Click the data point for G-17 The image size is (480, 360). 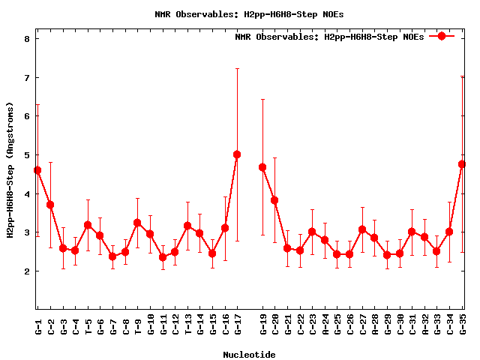coord(237,154)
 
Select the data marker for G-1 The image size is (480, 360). coord(37,170)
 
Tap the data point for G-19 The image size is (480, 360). coord(262,167)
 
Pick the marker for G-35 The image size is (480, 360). coord(462,164)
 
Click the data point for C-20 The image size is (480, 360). coord(274,200)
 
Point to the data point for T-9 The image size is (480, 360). coord(137,223)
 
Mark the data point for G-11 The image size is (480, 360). coord(163,257)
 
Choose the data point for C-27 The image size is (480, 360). coord(362,229)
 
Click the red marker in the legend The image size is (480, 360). coord(442,36)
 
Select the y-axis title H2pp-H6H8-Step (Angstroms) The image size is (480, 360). coord(11,170)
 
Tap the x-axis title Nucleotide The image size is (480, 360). coord(249,354)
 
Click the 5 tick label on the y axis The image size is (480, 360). coord(26,155)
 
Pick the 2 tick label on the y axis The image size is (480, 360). coord(26,271)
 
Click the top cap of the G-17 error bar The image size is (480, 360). coord(237,69)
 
